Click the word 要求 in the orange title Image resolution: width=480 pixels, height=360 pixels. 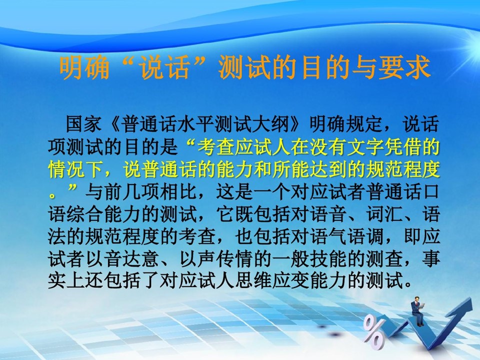(404, 67)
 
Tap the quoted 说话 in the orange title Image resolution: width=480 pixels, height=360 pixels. (164, 67)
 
